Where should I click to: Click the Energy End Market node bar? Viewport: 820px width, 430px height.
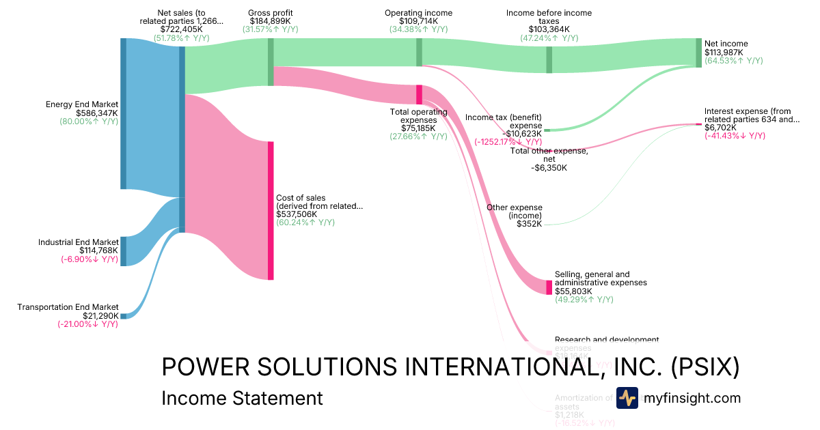pyautogui.click(x=123, y=113)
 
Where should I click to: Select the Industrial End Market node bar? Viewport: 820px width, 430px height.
pyautogui.click(x=123, y=250)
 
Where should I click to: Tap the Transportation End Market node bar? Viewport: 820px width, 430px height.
pyautogui.click(x=123, y=316)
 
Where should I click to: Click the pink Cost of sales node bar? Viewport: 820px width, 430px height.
pyautogui.click(x=271, y=210)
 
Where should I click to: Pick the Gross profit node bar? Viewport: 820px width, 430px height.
pyautogui.click(x=271, y=62)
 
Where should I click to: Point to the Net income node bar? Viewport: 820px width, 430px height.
pyautogui.click(x=698, y=53)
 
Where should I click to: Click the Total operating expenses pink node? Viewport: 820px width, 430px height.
pyautogui.click(x=419, y=94)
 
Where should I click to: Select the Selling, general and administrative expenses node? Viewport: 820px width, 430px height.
pyautogui.click(x=549, y=287)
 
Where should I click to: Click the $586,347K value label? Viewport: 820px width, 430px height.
pyautogui.click(x=96, y=113)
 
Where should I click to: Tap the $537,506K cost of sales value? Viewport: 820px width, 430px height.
pyautogui.click(x=297, y=214)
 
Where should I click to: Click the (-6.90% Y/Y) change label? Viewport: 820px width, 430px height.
pyautogui.click(x=88, y=259)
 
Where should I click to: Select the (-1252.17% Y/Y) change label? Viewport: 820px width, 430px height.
pyautogui.click(x=508, y=142)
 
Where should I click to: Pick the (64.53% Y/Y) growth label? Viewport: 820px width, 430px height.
pyautogui.click(x=734, y=61)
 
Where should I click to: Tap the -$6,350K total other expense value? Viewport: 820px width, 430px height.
pyautogui.click(x=549, y=168)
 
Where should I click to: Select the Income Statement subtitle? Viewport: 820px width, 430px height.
pyautogui.click(x=241, y=399)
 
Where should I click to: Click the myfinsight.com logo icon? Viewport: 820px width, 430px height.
pyautogui.click(x=627, y=398)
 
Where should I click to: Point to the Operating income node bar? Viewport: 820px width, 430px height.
pyautogui.click(x=419, y=53)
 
